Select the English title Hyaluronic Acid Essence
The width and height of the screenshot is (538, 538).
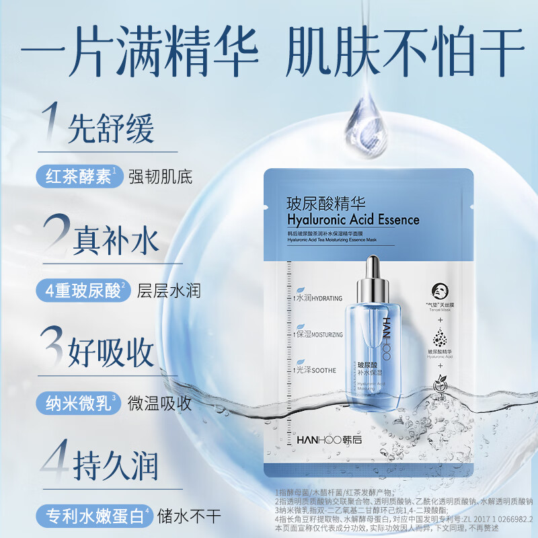click(x=352, y=219)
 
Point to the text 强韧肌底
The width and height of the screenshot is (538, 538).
click(x=165, y=178)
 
